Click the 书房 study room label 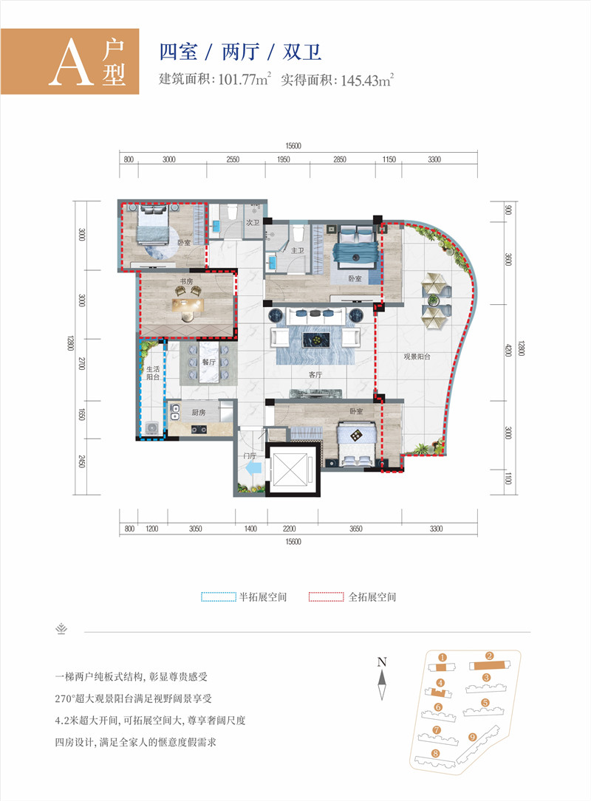(x=185, y=281)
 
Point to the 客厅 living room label (x=316, y=375)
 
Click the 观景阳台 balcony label (x=417, y=356)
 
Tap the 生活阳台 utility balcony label (x=153, y=375)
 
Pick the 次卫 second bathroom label (x=252, y=221)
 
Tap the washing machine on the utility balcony (x=152, y=427)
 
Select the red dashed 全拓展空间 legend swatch (x=327, y=596)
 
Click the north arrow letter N (x=382, y=661)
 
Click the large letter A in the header (x=68, y=65)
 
